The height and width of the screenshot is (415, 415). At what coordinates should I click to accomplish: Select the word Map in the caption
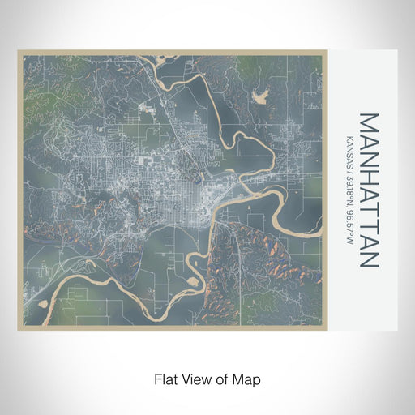[x=250, y=379]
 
